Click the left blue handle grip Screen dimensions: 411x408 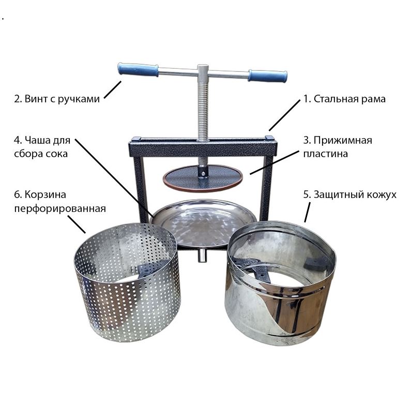[x=138, y=69]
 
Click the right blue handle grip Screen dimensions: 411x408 [x=268, y=75]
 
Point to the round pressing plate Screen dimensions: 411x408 [x=202, y=178]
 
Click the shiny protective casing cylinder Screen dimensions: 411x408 [x=280, y=283]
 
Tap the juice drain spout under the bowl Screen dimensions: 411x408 [x=202, y=255]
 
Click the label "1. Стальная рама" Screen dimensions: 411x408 [x=344, y=99]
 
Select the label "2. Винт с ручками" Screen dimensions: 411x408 [x=57, y=99]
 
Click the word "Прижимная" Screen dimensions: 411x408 [x=343, y=140]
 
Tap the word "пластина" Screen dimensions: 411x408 [x=325, y=154]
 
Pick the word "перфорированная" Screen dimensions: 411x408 [x=60, y=209]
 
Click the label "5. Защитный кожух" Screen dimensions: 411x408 [x=349, y=195]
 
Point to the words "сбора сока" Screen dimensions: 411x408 [x=41, y=154]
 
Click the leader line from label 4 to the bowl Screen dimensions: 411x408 [x=114, y=177]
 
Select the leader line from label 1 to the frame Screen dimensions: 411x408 [x=284, y=115]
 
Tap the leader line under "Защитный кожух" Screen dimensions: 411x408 [x=307, y=212]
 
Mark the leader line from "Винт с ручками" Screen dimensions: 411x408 [x=113, y=89]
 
